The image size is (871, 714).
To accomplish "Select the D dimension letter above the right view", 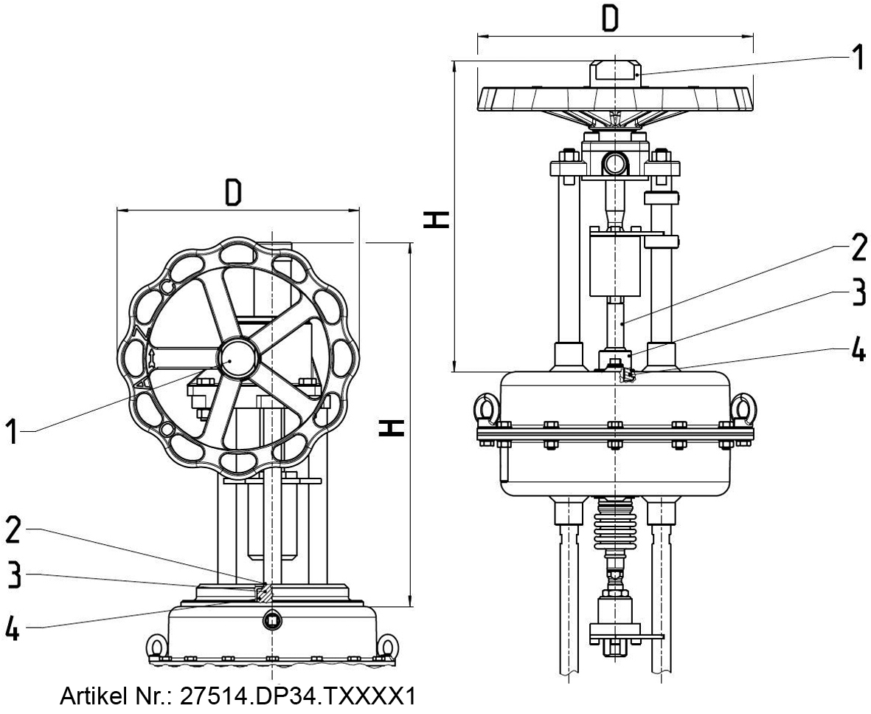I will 609,20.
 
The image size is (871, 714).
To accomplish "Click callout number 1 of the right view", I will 856,57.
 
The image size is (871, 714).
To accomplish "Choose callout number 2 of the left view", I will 13,530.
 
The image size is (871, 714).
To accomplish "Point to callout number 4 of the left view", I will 13,629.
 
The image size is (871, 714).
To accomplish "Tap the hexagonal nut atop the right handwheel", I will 616,72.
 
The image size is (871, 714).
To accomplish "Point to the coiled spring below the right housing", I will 616,526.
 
